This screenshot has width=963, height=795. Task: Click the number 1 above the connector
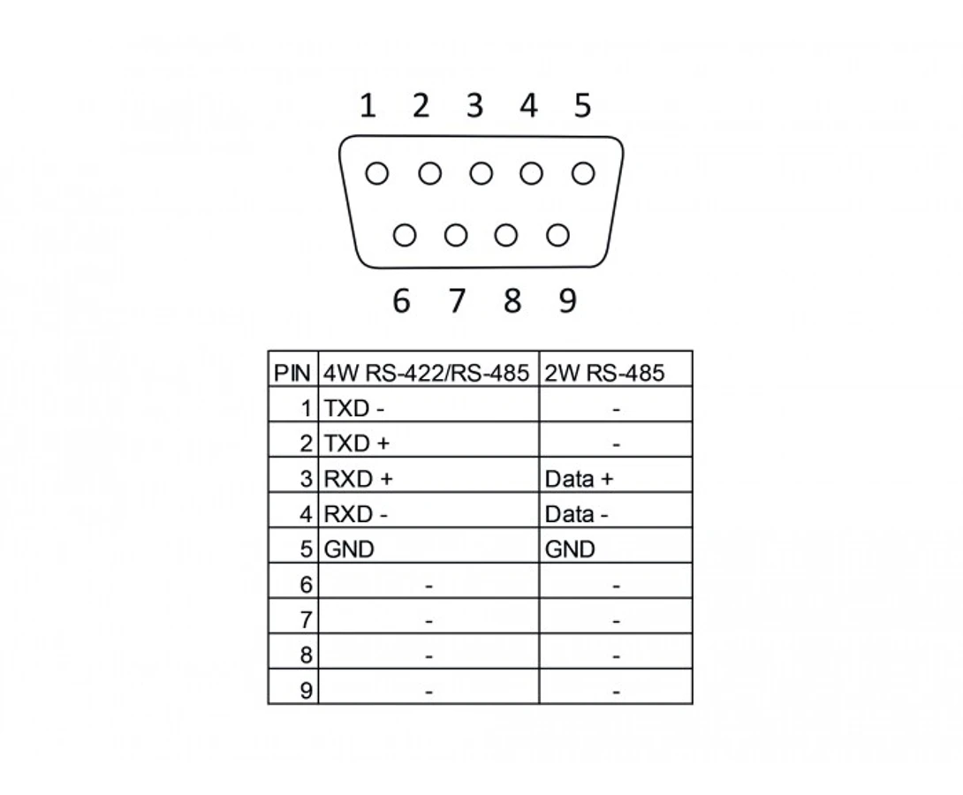[368, 105]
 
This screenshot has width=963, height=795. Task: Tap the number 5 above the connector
[583, 105]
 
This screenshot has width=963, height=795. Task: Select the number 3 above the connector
[474, 105]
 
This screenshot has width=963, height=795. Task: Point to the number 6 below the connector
[401, 301]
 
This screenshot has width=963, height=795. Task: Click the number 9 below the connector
[568, 301]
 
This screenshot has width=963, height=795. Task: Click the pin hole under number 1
[377, 174]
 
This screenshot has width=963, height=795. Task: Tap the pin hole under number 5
[583, 174]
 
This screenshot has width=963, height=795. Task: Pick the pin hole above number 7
[456, 235]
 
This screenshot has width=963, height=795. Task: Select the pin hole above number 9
[557, 235]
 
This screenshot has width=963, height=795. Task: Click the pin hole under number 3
[481, 174]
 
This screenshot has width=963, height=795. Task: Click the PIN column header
[292, 373]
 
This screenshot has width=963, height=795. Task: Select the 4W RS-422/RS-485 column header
[426, 373]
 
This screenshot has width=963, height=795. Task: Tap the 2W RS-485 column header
[604, 373]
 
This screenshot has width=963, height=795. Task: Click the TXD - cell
[353, 408]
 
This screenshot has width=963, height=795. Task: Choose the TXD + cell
[357, 443]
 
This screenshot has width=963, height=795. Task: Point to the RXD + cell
[358, 479]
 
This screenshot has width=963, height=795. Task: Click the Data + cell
[580, 479]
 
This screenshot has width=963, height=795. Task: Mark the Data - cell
[576, 514]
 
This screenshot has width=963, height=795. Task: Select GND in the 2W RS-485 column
[570, 549]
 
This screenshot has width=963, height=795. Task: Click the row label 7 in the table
[306, 620]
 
